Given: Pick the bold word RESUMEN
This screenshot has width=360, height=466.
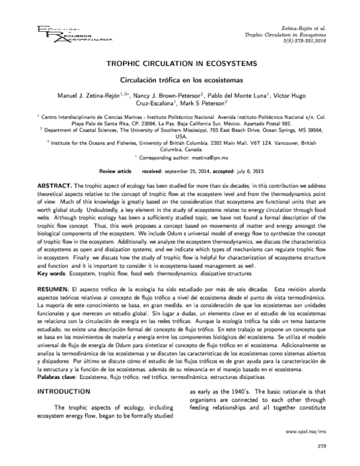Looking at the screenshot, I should click(x=54, y=289).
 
